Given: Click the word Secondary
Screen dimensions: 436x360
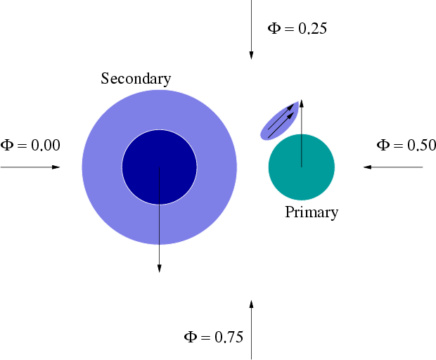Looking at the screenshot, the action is [136, 79].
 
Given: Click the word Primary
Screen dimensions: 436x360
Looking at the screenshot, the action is [312, 212].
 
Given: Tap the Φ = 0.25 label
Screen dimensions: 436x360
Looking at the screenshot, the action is [297, 28].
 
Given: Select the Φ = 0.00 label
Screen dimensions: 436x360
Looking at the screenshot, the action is [30, 145].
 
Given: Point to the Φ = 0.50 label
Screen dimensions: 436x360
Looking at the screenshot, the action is [406, 145].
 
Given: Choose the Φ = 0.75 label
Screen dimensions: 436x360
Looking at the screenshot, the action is [214, 337].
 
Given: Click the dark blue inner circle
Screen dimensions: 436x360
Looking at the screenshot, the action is [160, 167].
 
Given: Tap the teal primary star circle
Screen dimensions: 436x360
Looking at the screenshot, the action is [302, 167].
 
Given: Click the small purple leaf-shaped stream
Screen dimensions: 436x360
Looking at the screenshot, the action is [279, 121].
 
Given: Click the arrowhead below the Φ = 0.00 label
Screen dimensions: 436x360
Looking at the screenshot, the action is [56, 167].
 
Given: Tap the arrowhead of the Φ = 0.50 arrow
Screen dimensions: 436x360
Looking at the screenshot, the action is [367, 167].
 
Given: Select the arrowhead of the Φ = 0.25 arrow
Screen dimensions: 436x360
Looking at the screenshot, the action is [251, 56].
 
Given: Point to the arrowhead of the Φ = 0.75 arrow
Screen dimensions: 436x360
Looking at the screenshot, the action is [251, 304].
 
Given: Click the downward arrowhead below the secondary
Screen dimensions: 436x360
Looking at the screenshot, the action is [160, 269].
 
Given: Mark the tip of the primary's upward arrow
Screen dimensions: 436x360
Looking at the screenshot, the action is [302, 100].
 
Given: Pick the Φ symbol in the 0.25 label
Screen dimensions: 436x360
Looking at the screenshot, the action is [274, 28].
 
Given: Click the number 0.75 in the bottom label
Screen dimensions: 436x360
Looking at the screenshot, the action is [229, 337].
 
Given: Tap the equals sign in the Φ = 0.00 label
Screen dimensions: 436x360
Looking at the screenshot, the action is [22, 146].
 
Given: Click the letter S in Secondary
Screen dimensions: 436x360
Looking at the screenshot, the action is [105, 78].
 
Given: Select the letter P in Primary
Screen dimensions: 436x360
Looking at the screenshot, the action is [290, 212].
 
